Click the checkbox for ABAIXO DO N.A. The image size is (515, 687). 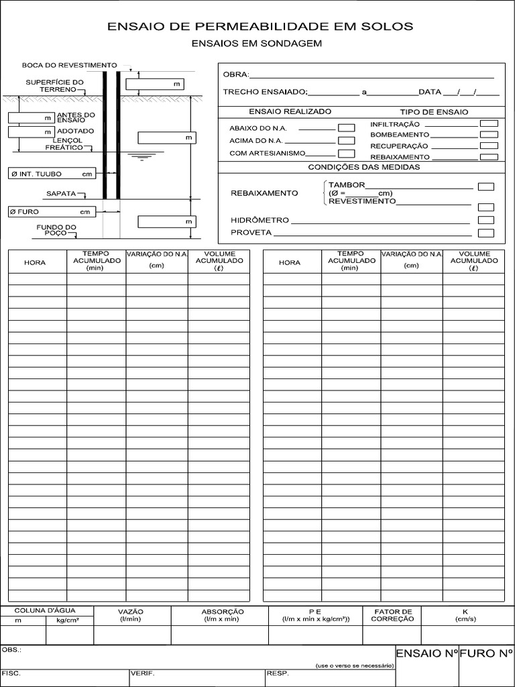[346, 127]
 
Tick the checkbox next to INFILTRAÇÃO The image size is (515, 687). [490, 123]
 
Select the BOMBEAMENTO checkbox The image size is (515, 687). [490, 134]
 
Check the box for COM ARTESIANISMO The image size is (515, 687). [346, 154]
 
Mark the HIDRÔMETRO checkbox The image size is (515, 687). [485, 220]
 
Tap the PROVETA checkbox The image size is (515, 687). [485, 233]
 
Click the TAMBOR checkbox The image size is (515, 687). [485, 186]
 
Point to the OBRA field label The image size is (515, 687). [235, 74]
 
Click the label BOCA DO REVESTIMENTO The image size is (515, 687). [69, 65]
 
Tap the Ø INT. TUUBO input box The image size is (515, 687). [51, 174]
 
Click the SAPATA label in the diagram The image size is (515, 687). [61, 194]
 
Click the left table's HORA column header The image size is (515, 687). [35, 262]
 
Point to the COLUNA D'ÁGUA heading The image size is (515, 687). [46, 611]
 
